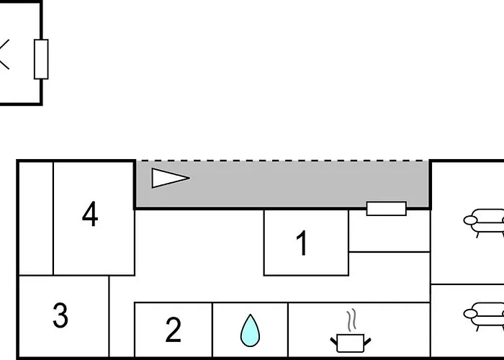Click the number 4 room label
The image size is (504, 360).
tap(90, 214)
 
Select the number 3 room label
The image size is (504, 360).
tap(60, 315)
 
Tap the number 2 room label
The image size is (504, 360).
tap(174, 330)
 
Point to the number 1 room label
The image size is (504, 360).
tap(302, 243)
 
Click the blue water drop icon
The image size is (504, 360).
tap(250, 330)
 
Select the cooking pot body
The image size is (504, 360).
tap(351, 343)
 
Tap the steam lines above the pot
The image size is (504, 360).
tap(352, 320)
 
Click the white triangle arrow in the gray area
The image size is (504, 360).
tap(171, 178)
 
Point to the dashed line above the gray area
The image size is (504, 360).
tap(282, 161)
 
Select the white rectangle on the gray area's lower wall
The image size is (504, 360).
tap(387, 209)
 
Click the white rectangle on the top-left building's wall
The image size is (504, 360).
tap(41, 59)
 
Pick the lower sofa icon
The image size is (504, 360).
tap(484, 316)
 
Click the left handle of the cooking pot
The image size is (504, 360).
tap(333, 341)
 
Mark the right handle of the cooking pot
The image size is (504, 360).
tap(367, 342)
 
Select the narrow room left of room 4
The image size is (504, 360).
tap(36, 218)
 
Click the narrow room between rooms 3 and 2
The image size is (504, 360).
tap(122, 316)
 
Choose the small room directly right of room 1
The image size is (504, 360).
tap(390, 231)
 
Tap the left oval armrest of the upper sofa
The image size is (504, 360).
tap(470, 220)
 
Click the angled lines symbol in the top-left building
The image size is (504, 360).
tap(4, 54)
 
